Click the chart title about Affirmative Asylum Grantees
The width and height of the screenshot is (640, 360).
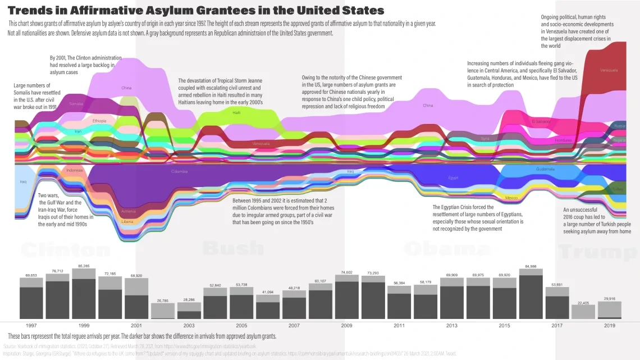click(x=196, y=10)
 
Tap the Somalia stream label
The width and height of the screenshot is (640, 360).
click(x=76, y=104)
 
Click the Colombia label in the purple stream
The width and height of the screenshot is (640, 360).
click(x=179, y=172)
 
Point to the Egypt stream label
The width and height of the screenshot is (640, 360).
click(x=453, y=178)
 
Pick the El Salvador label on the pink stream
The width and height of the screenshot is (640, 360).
click(x=541, y=121)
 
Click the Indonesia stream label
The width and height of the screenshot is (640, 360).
click(x=74, y=170)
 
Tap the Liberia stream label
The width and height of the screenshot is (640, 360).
click(x=127, y=222)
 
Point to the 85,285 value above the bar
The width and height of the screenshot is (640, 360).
click(x=84, y=266)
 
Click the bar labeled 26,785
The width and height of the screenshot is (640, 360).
click(x=162, y=311)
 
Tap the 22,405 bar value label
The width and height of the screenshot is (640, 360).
click(x=583, y=302)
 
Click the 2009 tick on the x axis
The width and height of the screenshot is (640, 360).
click(x=346, y=325)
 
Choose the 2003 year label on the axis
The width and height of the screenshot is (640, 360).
click(x=189, y=325)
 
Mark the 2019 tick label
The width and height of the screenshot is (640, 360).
click(x=609, y=325)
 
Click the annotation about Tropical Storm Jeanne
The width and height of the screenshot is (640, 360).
click(x=220, y=92)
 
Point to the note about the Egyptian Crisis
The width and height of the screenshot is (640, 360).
click(x=478, y=218)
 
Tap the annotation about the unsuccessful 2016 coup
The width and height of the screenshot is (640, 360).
click(x=597, y=221)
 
